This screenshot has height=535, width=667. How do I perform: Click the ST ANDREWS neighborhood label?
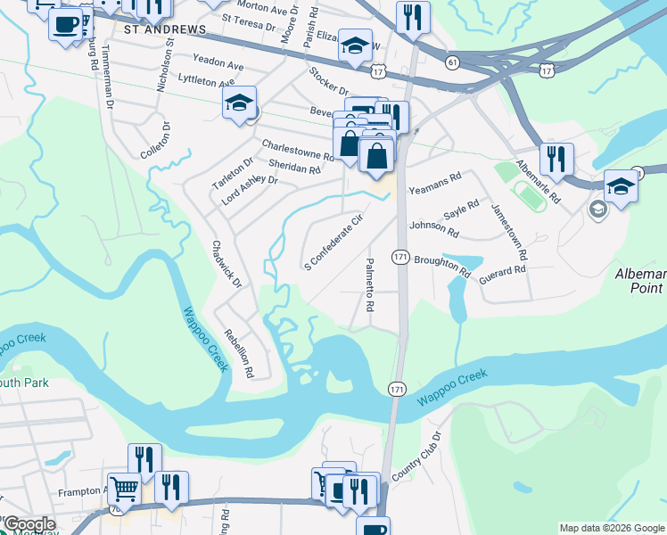(x=165, y=29)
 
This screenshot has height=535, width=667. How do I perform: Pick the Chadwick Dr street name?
(x=227, y=263)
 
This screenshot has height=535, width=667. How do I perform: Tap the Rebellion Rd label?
(x=241, y=353)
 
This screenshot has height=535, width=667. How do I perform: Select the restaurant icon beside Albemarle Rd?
(x=556, y=159)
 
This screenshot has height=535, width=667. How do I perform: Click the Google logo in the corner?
(x=29, y=524)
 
